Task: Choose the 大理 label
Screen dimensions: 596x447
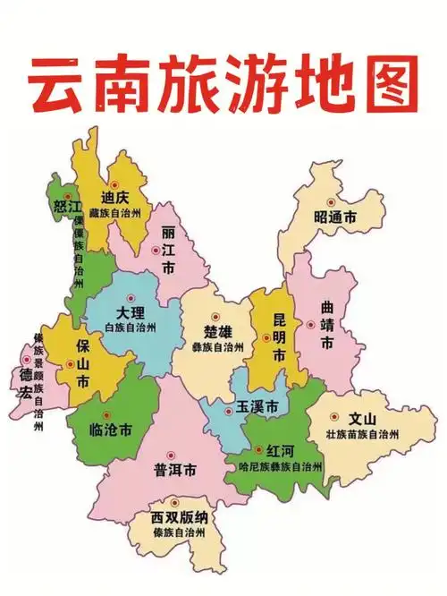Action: pos(131,314)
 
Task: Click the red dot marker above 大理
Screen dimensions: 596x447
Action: pos(131,298)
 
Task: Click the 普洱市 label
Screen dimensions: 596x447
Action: pos(175,471)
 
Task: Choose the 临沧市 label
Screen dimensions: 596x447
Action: pos(112,430)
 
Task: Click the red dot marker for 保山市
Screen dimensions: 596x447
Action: pos(71,364)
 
